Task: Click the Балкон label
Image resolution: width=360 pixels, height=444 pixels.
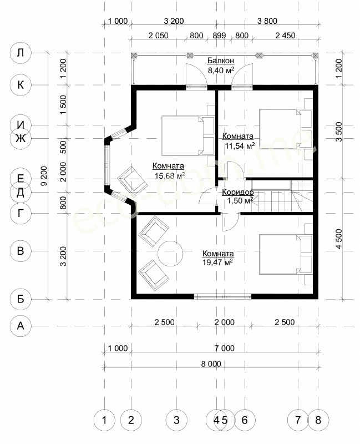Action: (220, 60)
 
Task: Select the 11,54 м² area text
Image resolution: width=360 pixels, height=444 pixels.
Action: (240, 145)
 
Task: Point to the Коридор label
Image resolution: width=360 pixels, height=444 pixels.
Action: (238, 192)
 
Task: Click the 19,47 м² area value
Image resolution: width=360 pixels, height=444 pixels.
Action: (217, 262)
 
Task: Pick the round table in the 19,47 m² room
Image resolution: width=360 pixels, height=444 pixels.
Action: (170, 253)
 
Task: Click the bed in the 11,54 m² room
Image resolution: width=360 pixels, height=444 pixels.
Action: (286, 129)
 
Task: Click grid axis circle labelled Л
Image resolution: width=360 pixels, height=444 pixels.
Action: (21, 53)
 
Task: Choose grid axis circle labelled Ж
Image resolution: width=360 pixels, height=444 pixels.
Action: (21, 138)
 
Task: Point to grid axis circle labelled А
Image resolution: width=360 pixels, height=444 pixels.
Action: (21, 326)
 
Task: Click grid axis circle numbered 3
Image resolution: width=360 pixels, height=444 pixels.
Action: (176, 420)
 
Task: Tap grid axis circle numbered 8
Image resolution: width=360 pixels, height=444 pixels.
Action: (318, 420)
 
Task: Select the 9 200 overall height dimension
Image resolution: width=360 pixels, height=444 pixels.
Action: (44, 176)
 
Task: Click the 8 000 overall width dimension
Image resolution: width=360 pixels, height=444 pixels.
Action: (211, 364)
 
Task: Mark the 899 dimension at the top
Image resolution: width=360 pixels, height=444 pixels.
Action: (219, 36)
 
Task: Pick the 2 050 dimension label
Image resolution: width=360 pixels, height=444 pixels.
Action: (158, 36)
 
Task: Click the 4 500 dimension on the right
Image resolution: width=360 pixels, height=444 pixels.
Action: (339, 239)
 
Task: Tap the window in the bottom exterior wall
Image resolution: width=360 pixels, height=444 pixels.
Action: (223, 296)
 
